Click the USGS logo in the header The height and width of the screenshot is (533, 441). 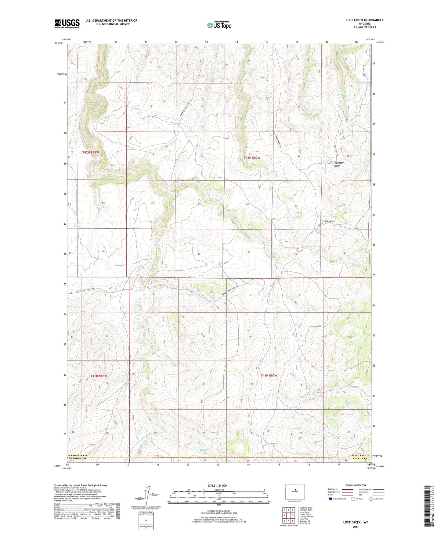point(67,24)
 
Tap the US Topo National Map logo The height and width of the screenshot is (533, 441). point(219,25)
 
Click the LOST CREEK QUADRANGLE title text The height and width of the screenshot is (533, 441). point(364,20)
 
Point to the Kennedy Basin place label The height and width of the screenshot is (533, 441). point(339,164)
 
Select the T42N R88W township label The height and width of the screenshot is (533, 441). point(91,152)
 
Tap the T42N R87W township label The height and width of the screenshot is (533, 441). point(252,158)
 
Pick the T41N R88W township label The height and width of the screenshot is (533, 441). point(99,376)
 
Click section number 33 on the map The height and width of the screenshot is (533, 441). point(249,252)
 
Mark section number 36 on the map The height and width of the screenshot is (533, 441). point(103,251)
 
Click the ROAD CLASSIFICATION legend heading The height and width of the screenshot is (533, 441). point(356,485)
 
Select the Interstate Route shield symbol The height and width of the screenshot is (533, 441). point(331,499)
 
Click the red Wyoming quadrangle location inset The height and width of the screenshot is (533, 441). point(295,492)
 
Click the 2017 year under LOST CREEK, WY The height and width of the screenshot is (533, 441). point(356,527)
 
